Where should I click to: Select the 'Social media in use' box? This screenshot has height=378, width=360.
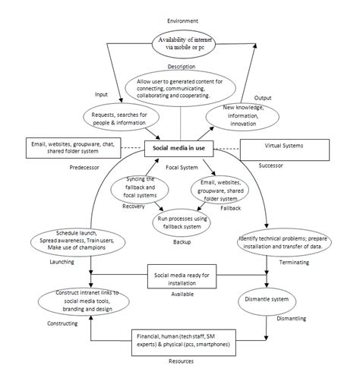point(179,149)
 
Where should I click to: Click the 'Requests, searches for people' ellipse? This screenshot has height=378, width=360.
point(125,115)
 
